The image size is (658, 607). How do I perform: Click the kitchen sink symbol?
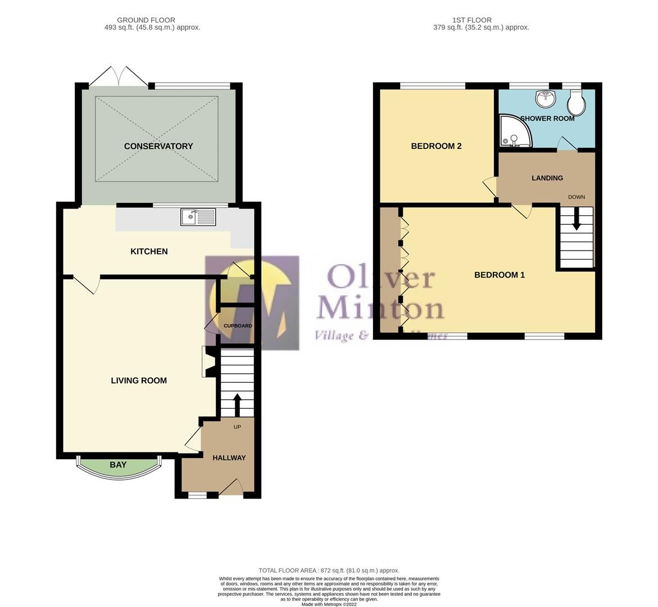point(198,216)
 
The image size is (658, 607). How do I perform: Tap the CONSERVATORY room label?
point(158,146)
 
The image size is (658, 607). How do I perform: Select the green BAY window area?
point(118,466)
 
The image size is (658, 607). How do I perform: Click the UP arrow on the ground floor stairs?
point(237,404)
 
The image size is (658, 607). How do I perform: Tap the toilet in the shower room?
point(577,102)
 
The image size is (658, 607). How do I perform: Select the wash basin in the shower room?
point(544,99)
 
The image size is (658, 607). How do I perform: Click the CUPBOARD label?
point(238,326)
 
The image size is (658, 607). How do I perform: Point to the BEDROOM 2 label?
point(436,146)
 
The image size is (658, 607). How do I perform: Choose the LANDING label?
point(547,178)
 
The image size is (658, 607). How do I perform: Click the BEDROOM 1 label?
point(499,275)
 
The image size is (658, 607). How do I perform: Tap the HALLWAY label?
point(229,458)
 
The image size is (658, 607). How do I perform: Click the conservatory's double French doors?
point(119,76)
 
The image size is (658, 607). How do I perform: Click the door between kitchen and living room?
point(85,284)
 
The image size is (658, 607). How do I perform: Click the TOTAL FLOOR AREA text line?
point(329,570)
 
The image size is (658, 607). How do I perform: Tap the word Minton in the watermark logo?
point(380,309)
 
